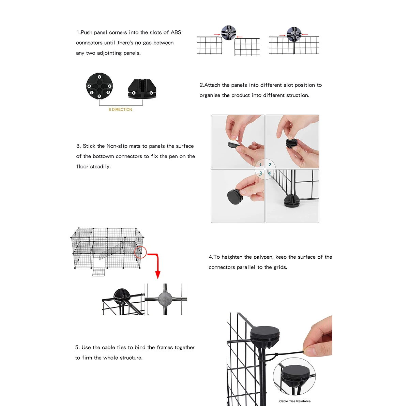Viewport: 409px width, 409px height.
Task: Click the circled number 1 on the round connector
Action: (x=99, y=77)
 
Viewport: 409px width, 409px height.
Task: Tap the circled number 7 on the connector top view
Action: (x=91, y=93)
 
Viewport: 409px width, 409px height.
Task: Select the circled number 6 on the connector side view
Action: (x=151, y=93)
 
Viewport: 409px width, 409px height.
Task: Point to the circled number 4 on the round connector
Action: (x=89, y=86)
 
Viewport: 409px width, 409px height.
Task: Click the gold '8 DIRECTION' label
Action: (x=120, y=109)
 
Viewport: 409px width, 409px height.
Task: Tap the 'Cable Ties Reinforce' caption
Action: (x=295, y=401)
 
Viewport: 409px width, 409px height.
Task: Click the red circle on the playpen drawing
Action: (x=140, y=252)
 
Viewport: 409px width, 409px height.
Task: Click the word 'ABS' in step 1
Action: (x=176, y=32)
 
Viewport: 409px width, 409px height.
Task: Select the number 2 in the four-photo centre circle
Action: (x=270, y=165)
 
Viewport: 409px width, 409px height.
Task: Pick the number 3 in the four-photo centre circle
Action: (x=260, y=173)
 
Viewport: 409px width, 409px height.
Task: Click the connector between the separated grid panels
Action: (x=228, y=33)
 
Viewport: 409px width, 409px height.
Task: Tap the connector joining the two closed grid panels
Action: (x=294, y=34)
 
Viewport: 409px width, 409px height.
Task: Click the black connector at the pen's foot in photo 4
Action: (x=291, y=201)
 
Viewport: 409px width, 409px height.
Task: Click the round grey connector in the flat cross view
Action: (x=165, y=299)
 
